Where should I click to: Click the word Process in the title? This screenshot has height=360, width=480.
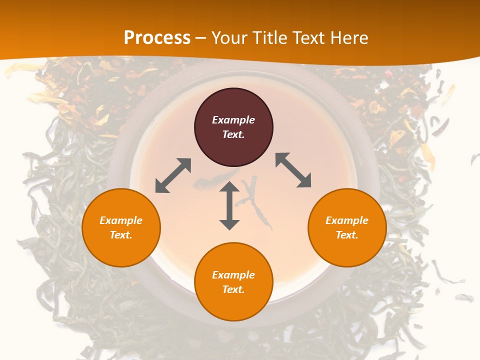[x=157, y=38]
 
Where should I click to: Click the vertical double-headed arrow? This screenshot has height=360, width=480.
[x=229, y=205]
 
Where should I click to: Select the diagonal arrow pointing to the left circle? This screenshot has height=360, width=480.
[x=173, y=175]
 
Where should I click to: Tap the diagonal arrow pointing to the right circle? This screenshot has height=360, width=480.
[x=293, y=170]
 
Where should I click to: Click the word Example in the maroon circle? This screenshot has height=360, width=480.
[x=233, y=120]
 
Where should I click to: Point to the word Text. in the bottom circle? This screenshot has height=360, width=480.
[x=233, y=289]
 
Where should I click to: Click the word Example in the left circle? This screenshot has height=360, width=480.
[x=121, y=220]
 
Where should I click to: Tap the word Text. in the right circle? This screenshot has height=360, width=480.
[x=347, y=235]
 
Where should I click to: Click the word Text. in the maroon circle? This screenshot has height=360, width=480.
[x=233, y=134]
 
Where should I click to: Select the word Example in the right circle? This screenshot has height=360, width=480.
[x=347, y=220]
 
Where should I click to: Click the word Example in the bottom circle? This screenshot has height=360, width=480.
[x=233, y=275]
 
